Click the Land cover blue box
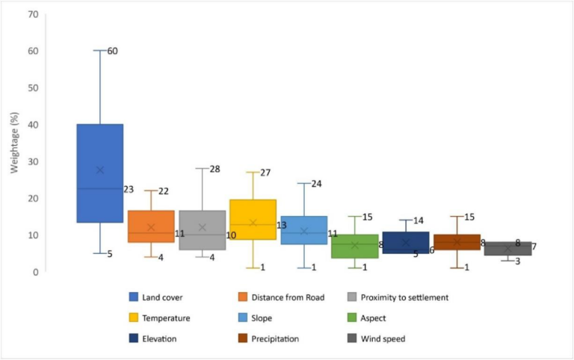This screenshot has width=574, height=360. point(99,149)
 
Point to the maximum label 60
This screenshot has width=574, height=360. point(112,51)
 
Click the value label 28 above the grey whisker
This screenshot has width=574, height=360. point(215,169)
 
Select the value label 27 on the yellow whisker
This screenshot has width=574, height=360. point(265,173)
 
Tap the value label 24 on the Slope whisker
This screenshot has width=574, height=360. point(316,184)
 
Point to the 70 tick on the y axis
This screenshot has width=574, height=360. point(33,14)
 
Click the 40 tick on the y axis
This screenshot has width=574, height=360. point(33,125)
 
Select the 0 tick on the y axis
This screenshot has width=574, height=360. point(35,272)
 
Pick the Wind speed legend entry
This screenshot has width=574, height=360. point(377,338)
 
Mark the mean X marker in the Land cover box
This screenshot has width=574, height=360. point(100,170)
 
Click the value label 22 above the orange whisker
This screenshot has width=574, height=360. point(163,192)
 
